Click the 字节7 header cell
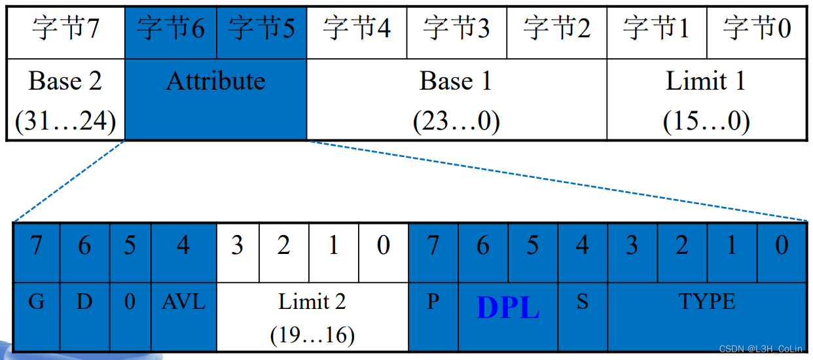tap(65, 29)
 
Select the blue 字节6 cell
tap(170, 29)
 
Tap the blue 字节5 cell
tap(261, 29)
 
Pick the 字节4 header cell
tap(357, 29)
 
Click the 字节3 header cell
tap(456, 29)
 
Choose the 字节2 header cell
tap(556, 29)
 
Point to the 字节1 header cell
tap(657, 29)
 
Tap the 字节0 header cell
tap(757, 29)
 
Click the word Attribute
tap(215, 81)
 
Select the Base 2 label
tap(65, 81)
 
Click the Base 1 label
tap(456, 81)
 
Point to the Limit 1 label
tap(706, 81)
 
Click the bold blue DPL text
tap(508, 308)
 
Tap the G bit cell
tap(36, 302)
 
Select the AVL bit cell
tap(183, 302)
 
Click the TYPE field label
tap(707, 302)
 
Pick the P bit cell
tap(433, 302)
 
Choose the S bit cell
tap(582, 302)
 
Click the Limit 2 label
tap(312, 302)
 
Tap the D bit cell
tap(85, 302)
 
